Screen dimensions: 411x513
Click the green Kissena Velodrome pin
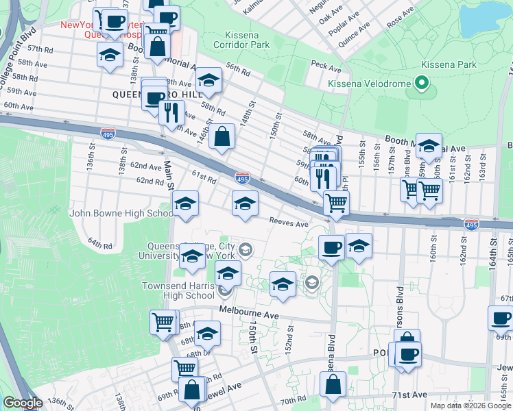(422, 84)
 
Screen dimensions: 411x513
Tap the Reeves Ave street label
(289, 222)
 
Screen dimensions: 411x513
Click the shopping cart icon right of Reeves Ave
(336, 203)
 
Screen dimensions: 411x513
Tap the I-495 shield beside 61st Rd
(242, 179)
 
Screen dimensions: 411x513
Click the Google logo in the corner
(23, 403)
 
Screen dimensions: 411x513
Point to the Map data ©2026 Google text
(470, 406)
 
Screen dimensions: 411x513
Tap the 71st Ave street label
(409, 395)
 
